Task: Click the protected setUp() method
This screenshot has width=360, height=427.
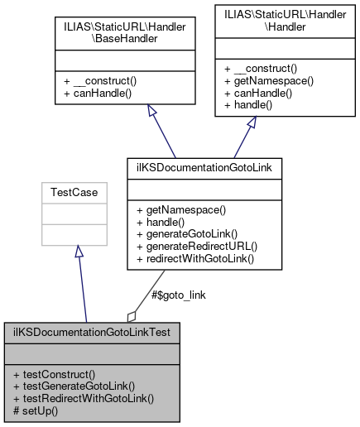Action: [36, 410]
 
